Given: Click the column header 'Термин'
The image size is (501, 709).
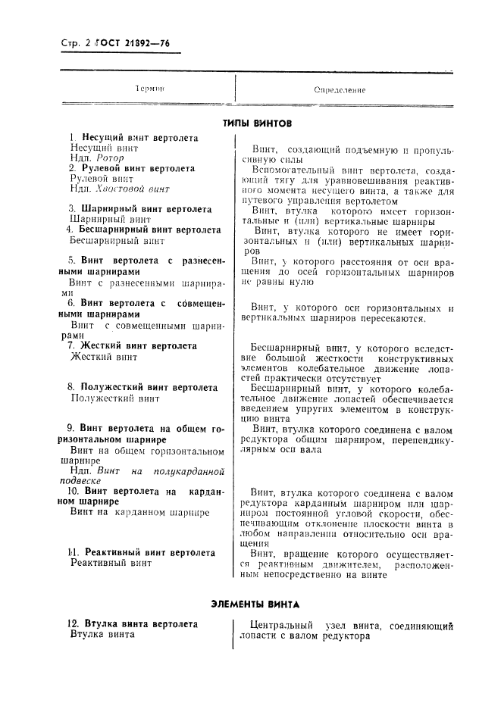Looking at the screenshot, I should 150,89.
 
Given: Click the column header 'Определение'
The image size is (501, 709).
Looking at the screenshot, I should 340,90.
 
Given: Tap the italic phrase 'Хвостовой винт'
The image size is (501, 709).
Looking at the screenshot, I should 133,189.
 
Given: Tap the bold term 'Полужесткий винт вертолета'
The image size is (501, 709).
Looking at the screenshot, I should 149,386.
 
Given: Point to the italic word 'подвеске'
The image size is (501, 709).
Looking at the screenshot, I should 90,480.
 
